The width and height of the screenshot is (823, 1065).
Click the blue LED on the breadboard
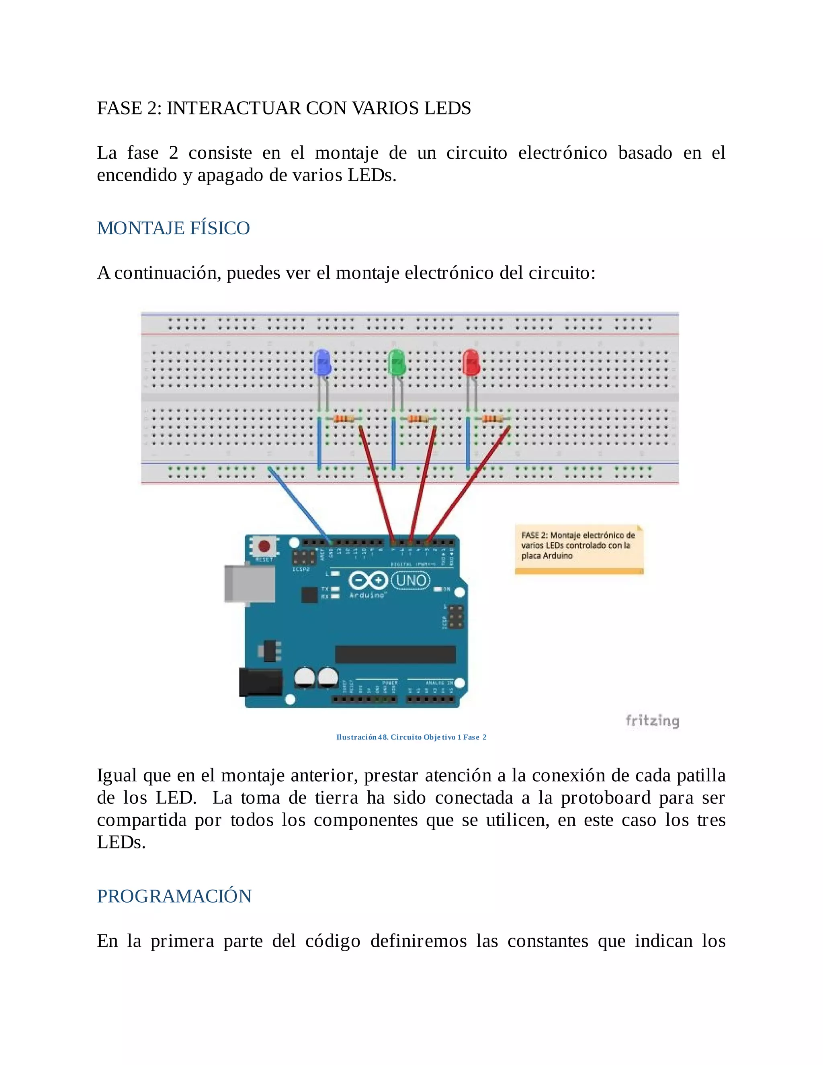click(322, 362)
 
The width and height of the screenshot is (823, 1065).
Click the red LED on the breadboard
click(471, 362)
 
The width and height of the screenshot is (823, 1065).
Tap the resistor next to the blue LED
click(345, 419)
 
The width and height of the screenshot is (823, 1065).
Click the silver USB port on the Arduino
click(249, 584)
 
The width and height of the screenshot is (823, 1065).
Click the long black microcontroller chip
click(395, 654)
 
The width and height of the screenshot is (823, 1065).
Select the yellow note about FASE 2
click(579, 549)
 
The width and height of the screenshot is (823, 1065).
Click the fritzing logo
click(652, 721)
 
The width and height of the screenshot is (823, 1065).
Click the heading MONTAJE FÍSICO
click(173, 228)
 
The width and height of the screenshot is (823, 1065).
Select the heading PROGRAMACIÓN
click(174, 896)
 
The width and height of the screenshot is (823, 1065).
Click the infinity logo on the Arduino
click(368, 581)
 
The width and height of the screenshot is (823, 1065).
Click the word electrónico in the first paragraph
click(562, 153)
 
